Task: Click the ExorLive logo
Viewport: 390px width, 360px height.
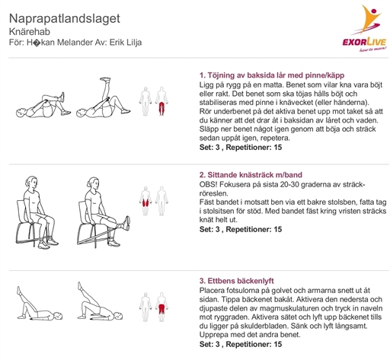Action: pos(364,28)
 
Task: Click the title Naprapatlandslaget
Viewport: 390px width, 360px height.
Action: pos(65,18)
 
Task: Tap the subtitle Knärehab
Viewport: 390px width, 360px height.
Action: pos(30,31)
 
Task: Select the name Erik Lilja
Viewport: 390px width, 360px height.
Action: pos(126,42)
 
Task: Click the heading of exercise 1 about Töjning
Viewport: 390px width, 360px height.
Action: pos(272,75)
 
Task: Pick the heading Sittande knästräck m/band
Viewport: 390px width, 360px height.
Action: pos(251,175)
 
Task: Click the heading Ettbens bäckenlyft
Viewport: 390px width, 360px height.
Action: pos(236,281)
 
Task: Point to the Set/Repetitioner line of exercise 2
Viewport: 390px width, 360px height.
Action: pos(241,229)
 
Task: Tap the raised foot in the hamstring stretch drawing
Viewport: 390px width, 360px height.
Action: pos(105,80)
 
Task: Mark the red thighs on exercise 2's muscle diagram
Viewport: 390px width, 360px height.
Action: pos(145,203)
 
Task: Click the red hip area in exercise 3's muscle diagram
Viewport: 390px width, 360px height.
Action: pos(161,309)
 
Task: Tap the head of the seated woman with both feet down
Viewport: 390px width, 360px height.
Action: pos(30,183)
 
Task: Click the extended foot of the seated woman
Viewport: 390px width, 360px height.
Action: pos(127,223)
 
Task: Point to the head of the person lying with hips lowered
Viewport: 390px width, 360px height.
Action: pos(57,316)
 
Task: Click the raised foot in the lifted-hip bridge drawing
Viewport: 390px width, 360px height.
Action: pos(80,285)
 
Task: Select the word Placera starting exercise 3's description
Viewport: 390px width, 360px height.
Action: pos(212,290)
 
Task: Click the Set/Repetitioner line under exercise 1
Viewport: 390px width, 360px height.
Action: pos(241,148)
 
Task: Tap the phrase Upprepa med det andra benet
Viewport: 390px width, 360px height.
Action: pos(250,335)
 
